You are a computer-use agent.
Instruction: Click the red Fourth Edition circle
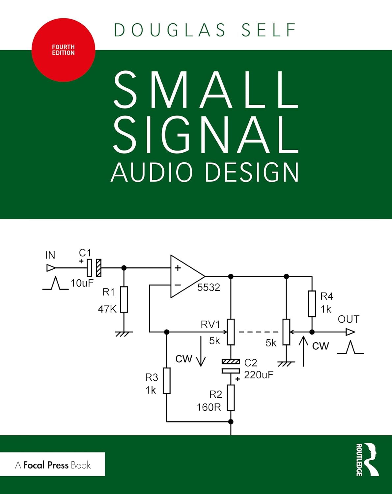(x=63, y=50)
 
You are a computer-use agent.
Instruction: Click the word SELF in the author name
(x=268, y=30)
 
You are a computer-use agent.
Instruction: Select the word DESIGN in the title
(x=252, y=172)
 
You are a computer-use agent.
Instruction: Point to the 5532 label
(x=209, y=288)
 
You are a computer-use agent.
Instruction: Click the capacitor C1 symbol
(x=94, y=268)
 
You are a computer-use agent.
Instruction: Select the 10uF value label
(x=82, y=283)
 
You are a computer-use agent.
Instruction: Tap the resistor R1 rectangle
(x=124, y=299)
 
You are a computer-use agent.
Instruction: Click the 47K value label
(x=107, y=309)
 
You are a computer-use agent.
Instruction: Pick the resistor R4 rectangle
(x=312, y=304)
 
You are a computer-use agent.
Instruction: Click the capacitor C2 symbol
(x=231, y=366)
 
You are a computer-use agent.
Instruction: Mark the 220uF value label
(x=259, y=375)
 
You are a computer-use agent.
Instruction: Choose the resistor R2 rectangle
(x=231, y=398)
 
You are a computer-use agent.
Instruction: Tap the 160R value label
(x=209, y=407)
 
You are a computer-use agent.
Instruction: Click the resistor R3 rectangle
(x=167, y=381)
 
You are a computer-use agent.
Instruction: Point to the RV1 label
(x=210, y=325)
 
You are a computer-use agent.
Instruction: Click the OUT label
(x=348, y=319)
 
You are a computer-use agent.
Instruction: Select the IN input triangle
(x=51, y=268)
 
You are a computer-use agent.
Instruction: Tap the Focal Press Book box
(x=53, y=465)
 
